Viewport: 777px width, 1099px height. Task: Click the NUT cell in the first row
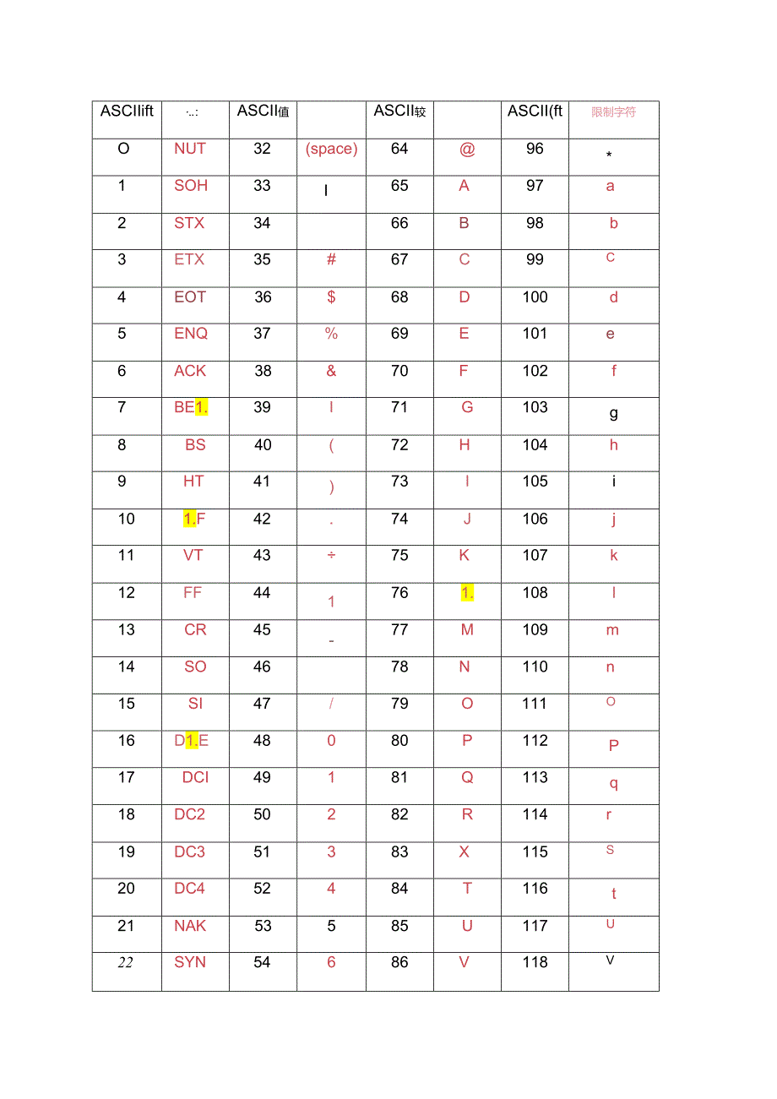[x=190, y=149]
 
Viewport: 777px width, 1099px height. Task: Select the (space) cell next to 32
[x=331, y=149]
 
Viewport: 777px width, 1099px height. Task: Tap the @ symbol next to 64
[x=467, y=150]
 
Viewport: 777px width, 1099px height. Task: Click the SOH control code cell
[x=191, y=186]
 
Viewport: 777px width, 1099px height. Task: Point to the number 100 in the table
[x=535, y=297]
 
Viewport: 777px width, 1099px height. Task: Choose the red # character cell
[x=331, y=259]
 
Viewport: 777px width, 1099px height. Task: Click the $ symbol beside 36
[x=331, y=297]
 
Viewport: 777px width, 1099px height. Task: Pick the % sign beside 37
[x=331, y=334]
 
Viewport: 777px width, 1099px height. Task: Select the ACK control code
[x=190, y=371]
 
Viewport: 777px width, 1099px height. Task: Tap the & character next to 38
[x=331, y=371]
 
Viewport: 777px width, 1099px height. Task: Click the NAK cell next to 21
[x=190, y=926]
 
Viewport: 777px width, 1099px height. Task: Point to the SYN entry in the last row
[x=190, y=962]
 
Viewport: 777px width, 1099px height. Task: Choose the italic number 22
[x=126, y=963]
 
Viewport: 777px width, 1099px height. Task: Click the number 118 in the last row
[x=535, y=962]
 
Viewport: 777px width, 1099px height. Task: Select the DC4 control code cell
[x=190, y=889]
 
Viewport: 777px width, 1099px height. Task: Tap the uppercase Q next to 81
[x=467, y=778]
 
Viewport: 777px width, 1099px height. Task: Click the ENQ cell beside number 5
[x=191, y=334]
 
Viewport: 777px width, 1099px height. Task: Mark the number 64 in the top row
[x=399, y=149]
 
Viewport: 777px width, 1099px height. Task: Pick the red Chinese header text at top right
[x=614, y=112]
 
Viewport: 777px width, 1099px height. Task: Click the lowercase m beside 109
[x=612, y=630]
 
